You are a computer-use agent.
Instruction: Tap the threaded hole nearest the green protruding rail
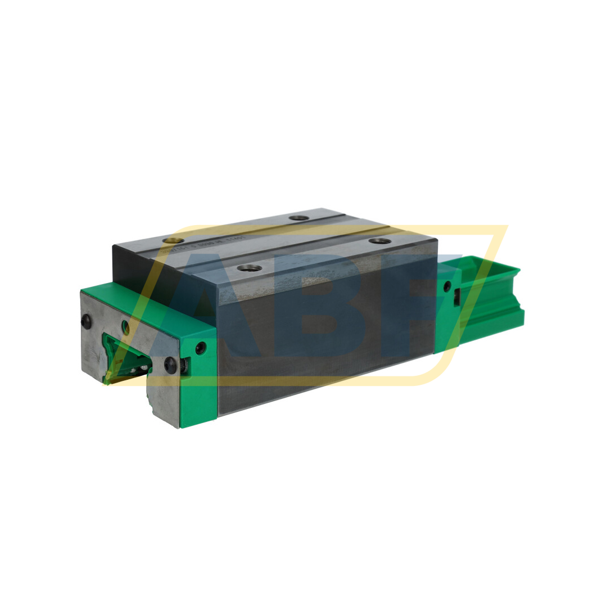pyautogui.click(x=380, y=241)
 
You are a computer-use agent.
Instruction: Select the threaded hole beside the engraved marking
pyautogui.click(x=173, y=241)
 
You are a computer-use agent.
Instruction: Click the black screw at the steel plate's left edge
pyautogui.click(x=86, y=321)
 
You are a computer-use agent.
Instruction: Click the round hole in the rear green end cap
pyautogui.click(x=447, y=286)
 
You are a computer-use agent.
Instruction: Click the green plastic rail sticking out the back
pyautogui.click(x=495, y=298)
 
